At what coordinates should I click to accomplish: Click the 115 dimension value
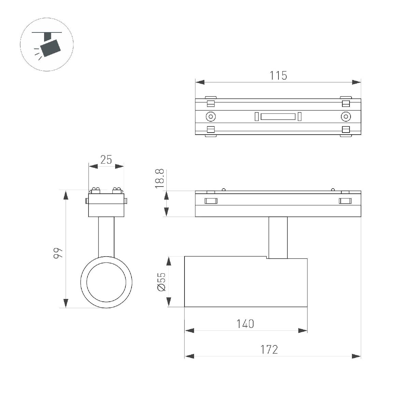click(x=278, y=76)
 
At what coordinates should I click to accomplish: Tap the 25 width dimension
click(x=106, y=160)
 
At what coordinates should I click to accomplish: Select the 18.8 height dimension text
click(x=160, y=178)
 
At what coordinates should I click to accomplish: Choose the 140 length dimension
click(x=245, y=324)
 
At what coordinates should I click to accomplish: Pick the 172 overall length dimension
click(x=270, y=350)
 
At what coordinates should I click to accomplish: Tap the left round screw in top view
click(x=211, y=117)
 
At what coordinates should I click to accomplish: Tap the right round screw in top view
click(x=346, y=117)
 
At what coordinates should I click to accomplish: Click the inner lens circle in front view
click(x=106, y=282)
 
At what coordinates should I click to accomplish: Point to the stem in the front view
click(x=106, y=236)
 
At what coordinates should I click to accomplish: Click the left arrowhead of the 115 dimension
click(x=200, y=82)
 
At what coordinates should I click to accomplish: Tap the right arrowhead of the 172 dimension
click(x=356, y=356)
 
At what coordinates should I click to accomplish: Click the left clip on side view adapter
click(x=211, y=201)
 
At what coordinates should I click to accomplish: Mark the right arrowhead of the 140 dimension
click(x=303, y=330)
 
